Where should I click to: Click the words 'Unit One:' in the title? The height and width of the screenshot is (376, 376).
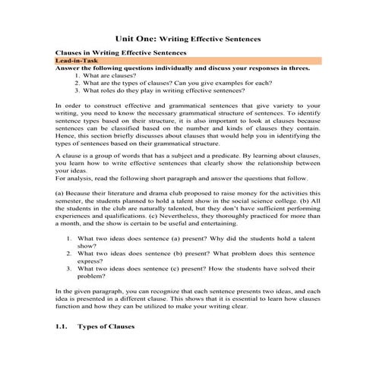click(x=135, y=37)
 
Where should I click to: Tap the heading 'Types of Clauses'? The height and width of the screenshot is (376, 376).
click(x=106, y=327)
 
